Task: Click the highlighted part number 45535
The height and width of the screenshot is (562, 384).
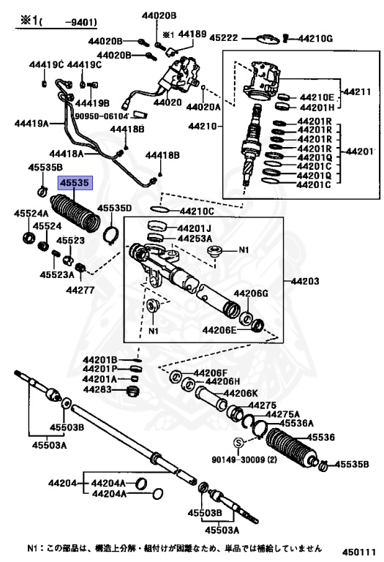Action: click(x=75, y=183)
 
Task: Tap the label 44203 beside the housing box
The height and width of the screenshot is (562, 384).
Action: click(x=305, y=281)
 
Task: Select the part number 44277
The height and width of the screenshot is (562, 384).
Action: click(x=80, y=290)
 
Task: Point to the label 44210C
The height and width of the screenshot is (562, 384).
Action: click(x=197, y=211)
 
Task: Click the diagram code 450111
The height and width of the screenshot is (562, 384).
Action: click(x=358, y=552)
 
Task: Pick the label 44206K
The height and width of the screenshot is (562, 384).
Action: click(x=241, y=393)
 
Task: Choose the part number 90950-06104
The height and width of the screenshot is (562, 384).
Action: click(x=102, y=116)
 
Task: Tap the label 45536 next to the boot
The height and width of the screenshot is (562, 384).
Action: click(x=320, y=438)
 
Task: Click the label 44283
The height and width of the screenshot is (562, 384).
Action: click(x=97, y=389)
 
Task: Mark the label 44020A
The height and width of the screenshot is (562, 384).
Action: click(x=203, y=107)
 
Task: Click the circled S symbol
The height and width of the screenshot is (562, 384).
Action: click(x=238, y=443)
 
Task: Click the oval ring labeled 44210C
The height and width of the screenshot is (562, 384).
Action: click(x=160, y=209)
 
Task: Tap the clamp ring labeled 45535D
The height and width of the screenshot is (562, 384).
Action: click(x=110, y=234)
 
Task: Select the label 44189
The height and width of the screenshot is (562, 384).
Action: click(x=192, y=34)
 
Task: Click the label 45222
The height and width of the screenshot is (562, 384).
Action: click(x=224, y=37)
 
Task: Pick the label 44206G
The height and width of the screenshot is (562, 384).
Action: click(x=251, y=293)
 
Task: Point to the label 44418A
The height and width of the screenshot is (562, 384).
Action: click(x=67, y=154)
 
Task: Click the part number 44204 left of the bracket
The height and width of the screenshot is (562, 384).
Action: click(x=62, y=483)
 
